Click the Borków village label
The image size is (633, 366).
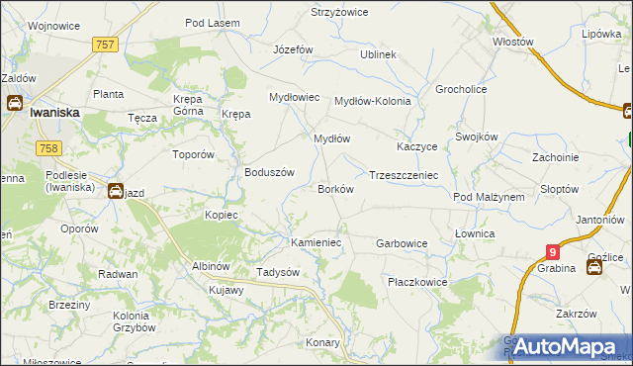coord(334,188)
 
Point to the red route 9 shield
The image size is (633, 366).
coord(553,253)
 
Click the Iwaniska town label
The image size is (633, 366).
coord(54,113)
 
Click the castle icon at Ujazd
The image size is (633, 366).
coord(116,191)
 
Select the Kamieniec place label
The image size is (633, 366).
coord(316,241)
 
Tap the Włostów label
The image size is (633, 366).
coord(513,43)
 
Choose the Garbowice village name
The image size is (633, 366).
coord(402,242)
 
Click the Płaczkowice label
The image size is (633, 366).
coord(417,282)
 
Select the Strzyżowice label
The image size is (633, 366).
coord(339,12)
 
